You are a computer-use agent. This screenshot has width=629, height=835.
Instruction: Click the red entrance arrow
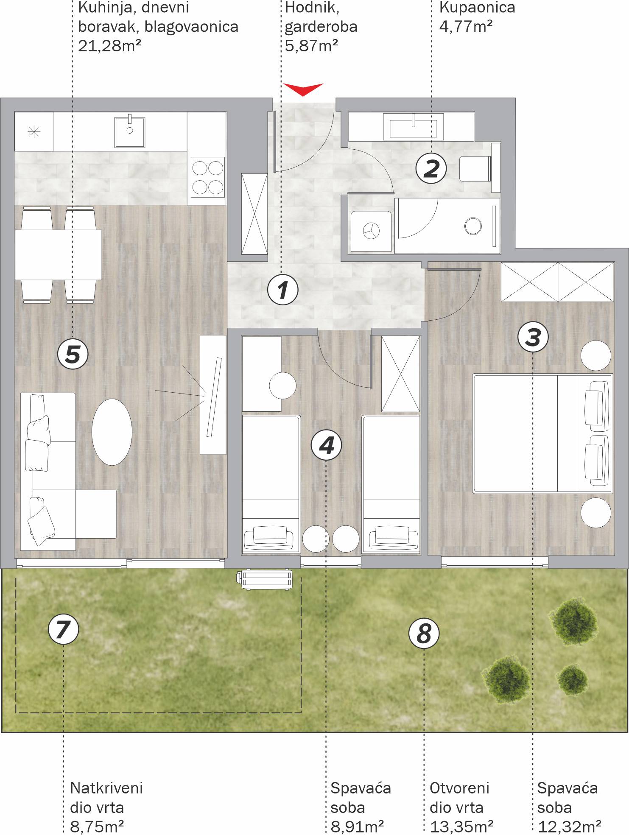click(303, 89)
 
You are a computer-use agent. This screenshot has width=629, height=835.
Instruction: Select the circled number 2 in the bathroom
click(431, 168)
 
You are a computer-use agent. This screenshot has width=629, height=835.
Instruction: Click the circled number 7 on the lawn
click(64, 629)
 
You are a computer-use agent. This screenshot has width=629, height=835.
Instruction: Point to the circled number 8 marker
click(424, 634)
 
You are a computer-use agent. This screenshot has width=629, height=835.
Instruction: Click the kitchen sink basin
click(130, 131)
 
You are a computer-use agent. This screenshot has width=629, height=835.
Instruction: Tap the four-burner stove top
click(208, 177)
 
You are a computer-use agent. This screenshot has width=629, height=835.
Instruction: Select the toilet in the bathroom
click(480, 168)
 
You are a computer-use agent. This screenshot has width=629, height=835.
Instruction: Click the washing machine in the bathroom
click(371, 231)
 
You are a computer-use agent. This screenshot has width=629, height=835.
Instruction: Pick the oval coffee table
click(112, 432)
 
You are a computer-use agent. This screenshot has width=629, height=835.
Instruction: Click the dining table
click(58, 255)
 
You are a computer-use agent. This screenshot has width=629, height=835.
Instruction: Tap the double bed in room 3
click(542, 433)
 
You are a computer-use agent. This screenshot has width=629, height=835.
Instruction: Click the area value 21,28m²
click(109, 45)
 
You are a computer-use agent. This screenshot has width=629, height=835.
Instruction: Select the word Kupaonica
click(477, 7)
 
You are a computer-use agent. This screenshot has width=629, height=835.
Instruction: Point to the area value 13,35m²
click(461, 827)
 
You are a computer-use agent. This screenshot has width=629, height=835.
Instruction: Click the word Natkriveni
click(106, 788)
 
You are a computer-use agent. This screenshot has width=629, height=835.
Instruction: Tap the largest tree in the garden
click(573, 621)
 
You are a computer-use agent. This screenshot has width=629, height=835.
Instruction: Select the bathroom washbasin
click(413, 126)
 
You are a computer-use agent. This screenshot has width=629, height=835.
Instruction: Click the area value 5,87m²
click(311, 45)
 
